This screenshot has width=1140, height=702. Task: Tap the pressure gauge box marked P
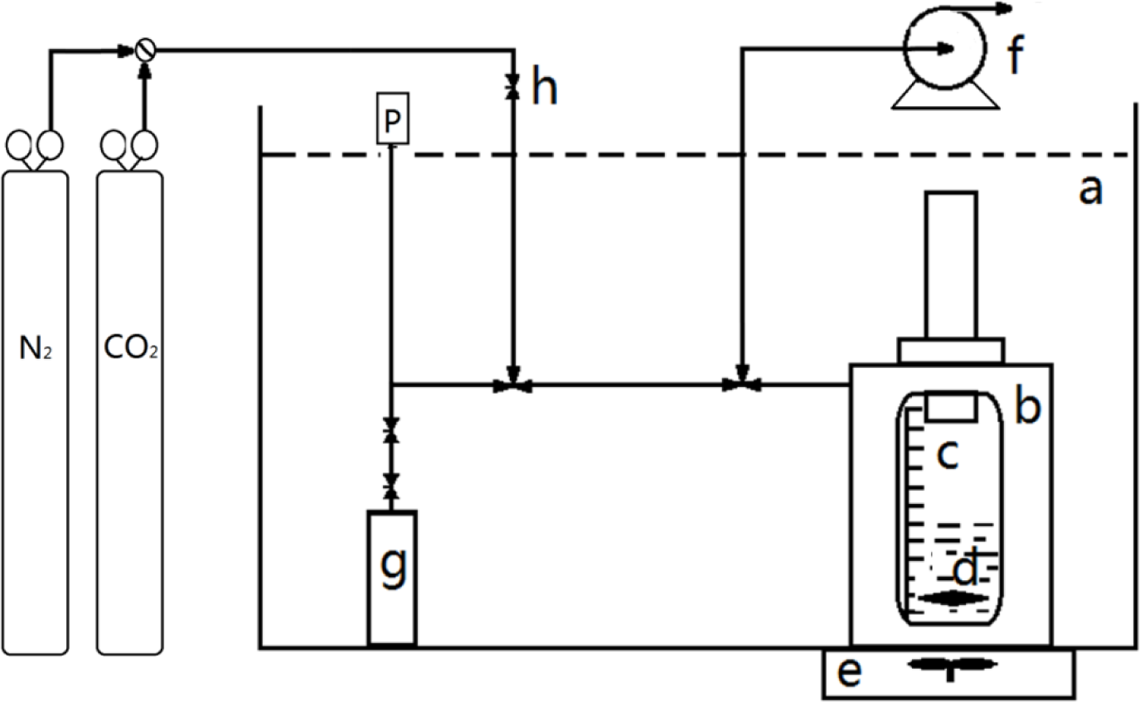[391, 121]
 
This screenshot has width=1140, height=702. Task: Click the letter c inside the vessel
[948, 453]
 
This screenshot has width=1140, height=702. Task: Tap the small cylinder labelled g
[391, 576]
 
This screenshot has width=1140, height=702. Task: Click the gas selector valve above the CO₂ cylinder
[146, 51]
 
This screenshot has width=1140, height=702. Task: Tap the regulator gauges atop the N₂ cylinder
[34, 147]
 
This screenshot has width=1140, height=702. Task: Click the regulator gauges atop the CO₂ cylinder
[131, 147]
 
